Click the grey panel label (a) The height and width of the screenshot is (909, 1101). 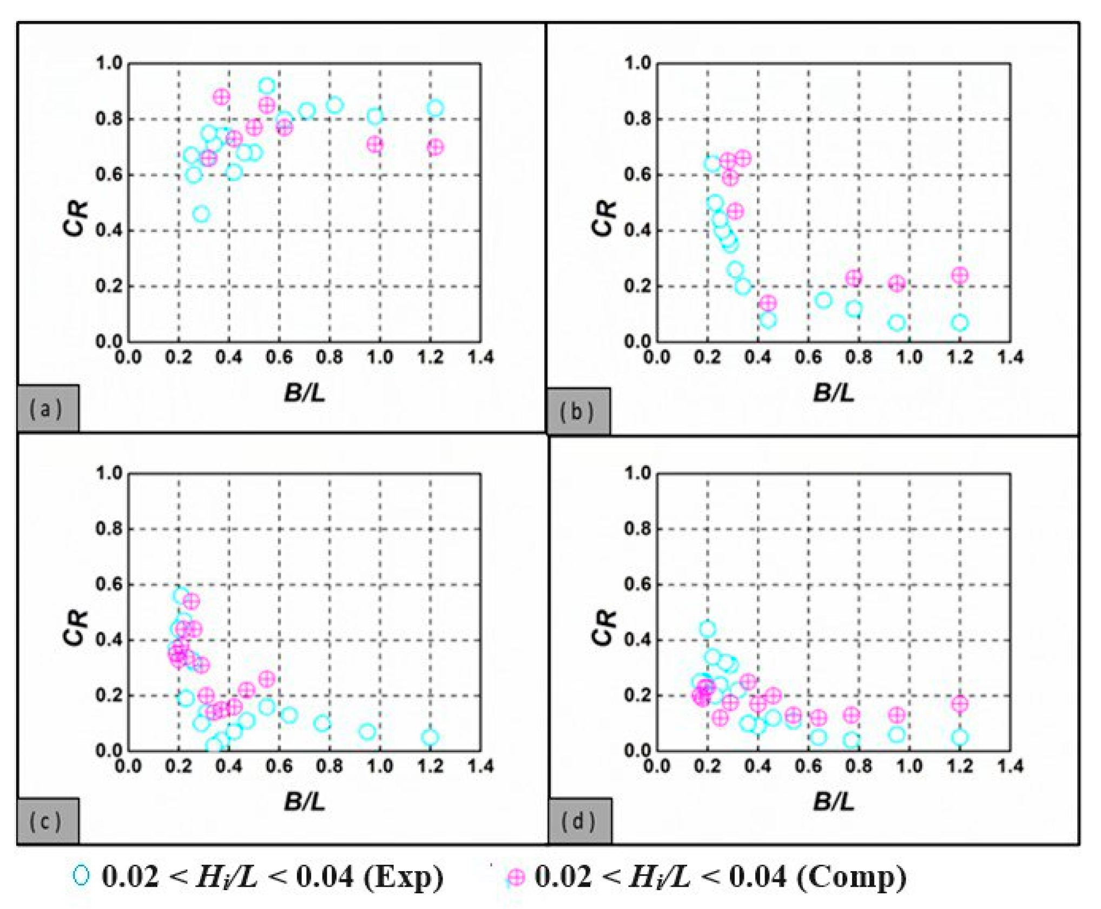pyautogui.click(x=47, y=408)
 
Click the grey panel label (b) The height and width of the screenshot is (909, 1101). pyautogui.click(x=578, y=412)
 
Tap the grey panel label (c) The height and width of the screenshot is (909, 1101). pyautogui.click(x=47, y=821)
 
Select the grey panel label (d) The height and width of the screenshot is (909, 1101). pyautogui.click(x=579, y=821)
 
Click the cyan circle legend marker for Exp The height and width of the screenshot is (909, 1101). pyautogui.click(x=81, y=875)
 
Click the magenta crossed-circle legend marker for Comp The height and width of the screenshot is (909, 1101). pyautogui.click(x=516, y=877)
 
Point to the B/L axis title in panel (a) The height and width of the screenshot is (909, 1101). pyautogui.click(x=305, y=393)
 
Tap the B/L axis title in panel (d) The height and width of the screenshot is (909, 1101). pyautogui.click(x=834, y=801)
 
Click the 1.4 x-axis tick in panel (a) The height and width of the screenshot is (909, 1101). pyautogui.click(x=480, y=357)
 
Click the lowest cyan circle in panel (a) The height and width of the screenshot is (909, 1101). pyautogui.click(x=201, y=214)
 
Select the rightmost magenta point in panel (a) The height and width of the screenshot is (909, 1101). pyautogui.click(x=435, y=147)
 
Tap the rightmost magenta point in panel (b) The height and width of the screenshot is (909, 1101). pyautogui.click(x=960, y=275)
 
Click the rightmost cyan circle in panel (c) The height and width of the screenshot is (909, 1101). pyautogui.click(x=430, y=737)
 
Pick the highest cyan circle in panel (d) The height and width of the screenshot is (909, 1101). pyautogui.click(x=707, y=629)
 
